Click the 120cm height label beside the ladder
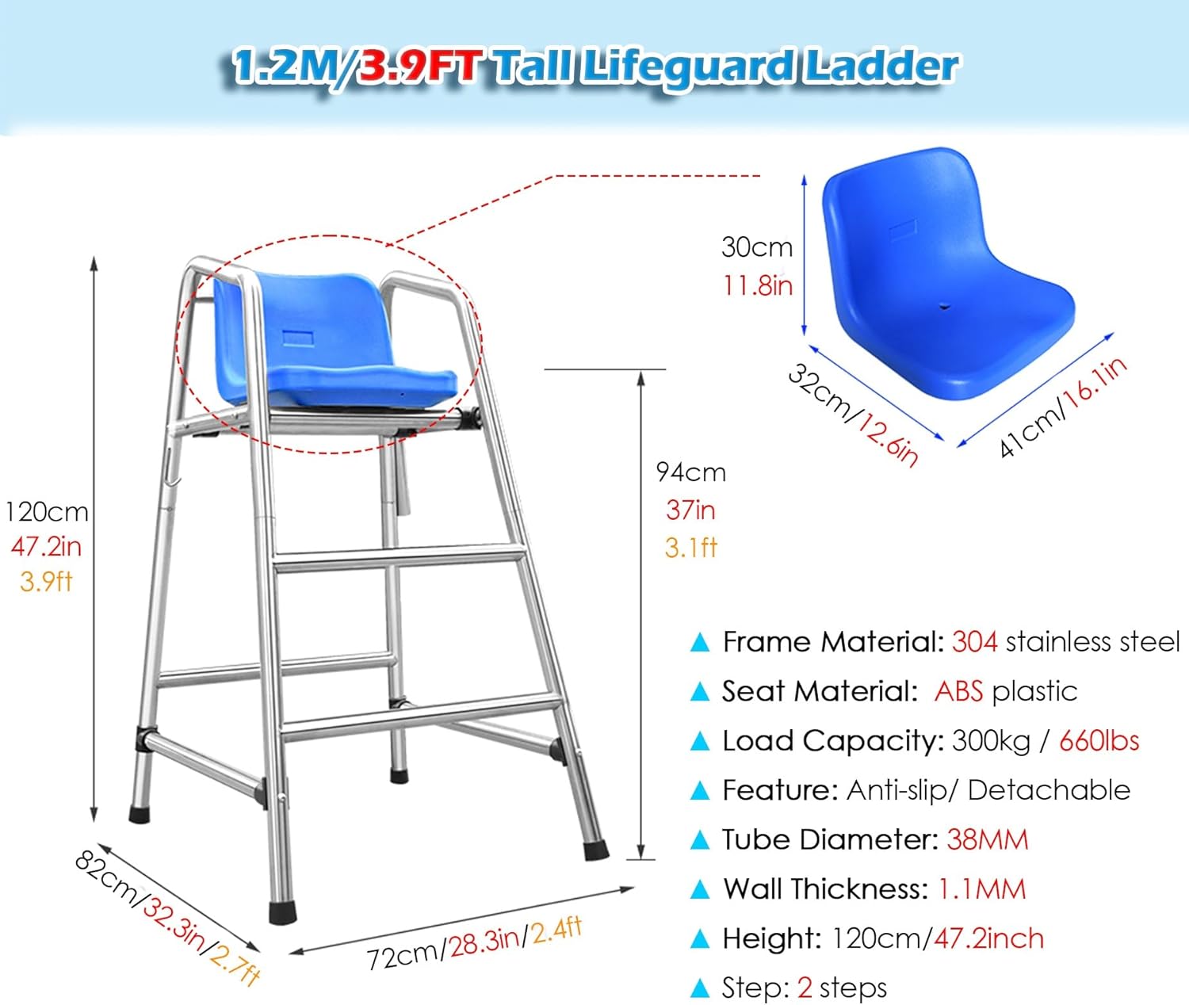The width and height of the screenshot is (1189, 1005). coord(47,512)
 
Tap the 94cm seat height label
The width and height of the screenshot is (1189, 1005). coord(691,472)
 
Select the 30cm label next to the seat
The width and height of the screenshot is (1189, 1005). coord(757,247)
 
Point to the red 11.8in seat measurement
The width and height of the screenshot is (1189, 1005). coord(758,285)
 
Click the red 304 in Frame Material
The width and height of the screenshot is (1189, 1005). coord(974,642)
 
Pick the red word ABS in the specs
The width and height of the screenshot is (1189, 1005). coord(958,691)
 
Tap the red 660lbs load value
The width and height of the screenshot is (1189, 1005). coord(1099,741)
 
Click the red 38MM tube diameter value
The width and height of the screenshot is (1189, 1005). coord(987,840)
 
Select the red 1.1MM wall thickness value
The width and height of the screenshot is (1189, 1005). coord(982,889)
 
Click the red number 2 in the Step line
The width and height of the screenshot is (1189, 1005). coord(805,988)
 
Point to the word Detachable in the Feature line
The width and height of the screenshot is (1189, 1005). coord(1049,790)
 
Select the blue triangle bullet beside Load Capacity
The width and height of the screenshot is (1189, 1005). coord(699,742)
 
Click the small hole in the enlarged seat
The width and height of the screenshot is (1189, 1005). coord(945,307)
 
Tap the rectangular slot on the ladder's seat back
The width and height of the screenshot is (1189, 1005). coord(297,338)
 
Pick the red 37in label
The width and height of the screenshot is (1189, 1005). coord(690,510)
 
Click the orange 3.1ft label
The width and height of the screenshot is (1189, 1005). coord(691,548)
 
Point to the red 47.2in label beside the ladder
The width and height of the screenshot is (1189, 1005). coord(46,547)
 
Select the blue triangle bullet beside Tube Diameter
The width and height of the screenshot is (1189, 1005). coord(699,840)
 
